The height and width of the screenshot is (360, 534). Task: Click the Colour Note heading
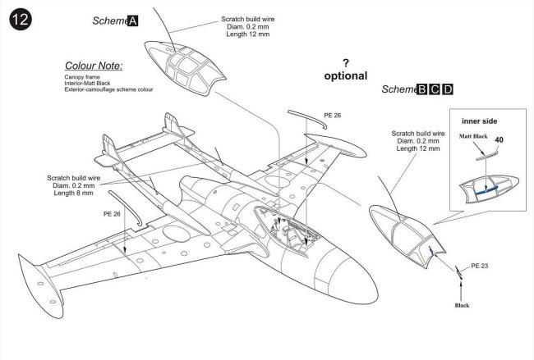pyautogui.click(x=93, y=65)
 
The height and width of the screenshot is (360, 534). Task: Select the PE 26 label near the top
pyautogui.click(x=334, y=116)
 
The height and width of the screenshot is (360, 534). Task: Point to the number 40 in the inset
pyautogui.click(x=499, y=140)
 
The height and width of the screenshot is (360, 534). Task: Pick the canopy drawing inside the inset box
pyautogui.click(x=489, y=187)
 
